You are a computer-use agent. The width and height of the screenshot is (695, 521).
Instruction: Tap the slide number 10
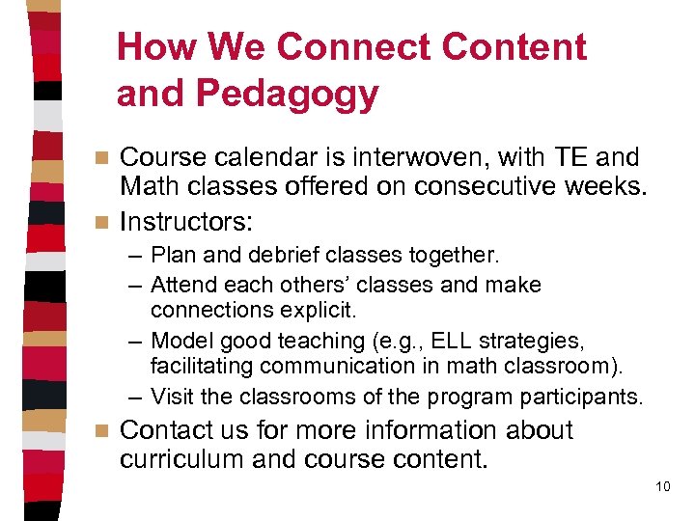[662, 486]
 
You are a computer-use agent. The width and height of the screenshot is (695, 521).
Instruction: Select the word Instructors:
[186, 222]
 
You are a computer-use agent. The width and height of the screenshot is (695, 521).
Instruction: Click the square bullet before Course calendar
[105, 157]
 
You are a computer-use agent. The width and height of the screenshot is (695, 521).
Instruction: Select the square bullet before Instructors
[105, 223]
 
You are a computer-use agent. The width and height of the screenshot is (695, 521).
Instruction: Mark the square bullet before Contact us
[105, 431]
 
